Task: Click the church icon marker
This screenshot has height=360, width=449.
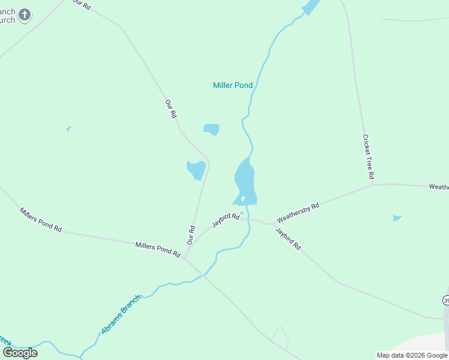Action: [x=25, y=14]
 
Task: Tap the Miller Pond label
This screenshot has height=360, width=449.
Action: [x=233, y=85]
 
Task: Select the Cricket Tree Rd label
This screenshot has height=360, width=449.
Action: [x=368, y=157]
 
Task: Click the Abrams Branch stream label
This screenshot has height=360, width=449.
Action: [x=120, y=314]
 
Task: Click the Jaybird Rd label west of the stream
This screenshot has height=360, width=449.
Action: [x=225, y=221]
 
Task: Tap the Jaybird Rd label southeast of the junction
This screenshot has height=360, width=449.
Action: [x=288, y=238]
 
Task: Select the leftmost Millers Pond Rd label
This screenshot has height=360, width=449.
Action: [x=41, y=220]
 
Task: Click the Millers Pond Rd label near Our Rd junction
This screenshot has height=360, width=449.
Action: [x=158, y=250]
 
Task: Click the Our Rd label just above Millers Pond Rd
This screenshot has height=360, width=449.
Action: [x=191, y=235]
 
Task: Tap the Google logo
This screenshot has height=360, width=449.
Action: [x=20, y=352]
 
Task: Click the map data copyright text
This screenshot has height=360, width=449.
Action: [x=412, y=355]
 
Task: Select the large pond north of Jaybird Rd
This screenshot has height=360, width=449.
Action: [x=245, y=180]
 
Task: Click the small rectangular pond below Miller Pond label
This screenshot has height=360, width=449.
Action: [x=211, y=129]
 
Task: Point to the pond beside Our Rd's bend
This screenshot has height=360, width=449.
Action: [x=196, y=170]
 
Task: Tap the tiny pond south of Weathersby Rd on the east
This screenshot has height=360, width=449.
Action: [x=397, y=218]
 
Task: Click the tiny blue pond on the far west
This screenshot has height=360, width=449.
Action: [x=69, y=128]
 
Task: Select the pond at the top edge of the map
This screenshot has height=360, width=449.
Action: [x=311, y=7]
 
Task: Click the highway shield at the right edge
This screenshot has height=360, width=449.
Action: [x=446, y=299]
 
